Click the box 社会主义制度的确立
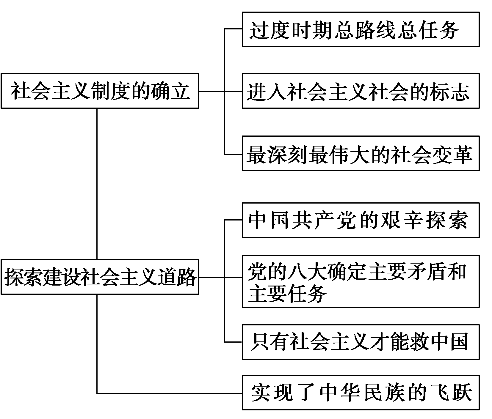100,91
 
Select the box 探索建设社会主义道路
100,277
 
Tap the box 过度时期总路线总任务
361,29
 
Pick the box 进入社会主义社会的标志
361,91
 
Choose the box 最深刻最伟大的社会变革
361,153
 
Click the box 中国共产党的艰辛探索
361,220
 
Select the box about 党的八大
361,281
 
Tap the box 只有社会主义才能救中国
361,342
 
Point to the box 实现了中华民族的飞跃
361,393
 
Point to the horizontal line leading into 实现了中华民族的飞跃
170,394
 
